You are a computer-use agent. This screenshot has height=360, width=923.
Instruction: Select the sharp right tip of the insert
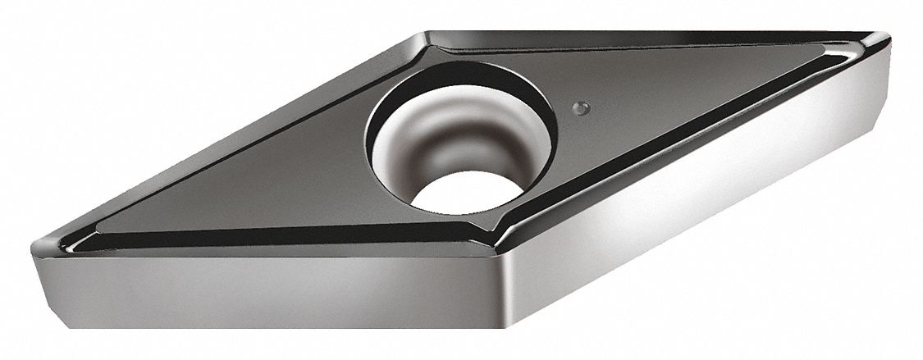pyautogui.click(x=888, y=37)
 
